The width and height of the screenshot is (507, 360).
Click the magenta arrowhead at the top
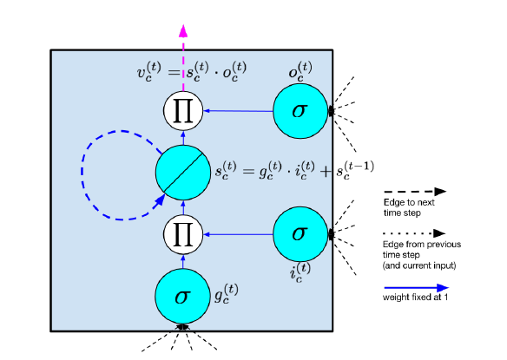click(x=183, y=30)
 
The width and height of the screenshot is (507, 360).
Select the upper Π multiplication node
click(x=183, y=110)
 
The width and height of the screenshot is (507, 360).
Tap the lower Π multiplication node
click(x=183, y=234)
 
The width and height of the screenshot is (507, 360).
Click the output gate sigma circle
click(x=300, y=111)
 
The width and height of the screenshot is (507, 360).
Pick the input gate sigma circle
click(x=300, y=234)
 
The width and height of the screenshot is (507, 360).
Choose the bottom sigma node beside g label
click(x=182, y=297)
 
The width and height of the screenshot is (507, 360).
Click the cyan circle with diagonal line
click(x=183, y=173)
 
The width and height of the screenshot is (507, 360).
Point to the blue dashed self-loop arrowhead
click(x=159, y=201)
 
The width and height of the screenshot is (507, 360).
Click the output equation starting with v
click(x=192, y=72)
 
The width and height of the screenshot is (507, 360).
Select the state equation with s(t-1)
click(x=294, y=170)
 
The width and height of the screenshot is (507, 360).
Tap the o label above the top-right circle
click(x=300, y=71)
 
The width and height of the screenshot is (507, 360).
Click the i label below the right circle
click(x=300, y=272)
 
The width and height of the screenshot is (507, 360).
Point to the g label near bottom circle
click(x=227, y=293)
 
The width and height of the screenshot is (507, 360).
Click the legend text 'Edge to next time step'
click(x=409, y=207)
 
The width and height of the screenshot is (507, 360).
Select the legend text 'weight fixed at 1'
click(x=416, y=298)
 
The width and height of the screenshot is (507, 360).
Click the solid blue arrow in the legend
click(x=417, y=288)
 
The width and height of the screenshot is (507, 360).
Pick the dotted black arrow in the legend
click(x=414, y=233)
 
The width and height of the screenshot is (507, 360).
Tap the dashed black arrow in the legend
click(x=415, y=192)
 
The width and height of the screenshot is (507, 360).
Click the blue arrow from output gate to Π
click(x=238, y=111)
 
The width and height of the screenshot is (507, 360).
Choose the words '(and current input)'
click(x=419, y=265)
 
